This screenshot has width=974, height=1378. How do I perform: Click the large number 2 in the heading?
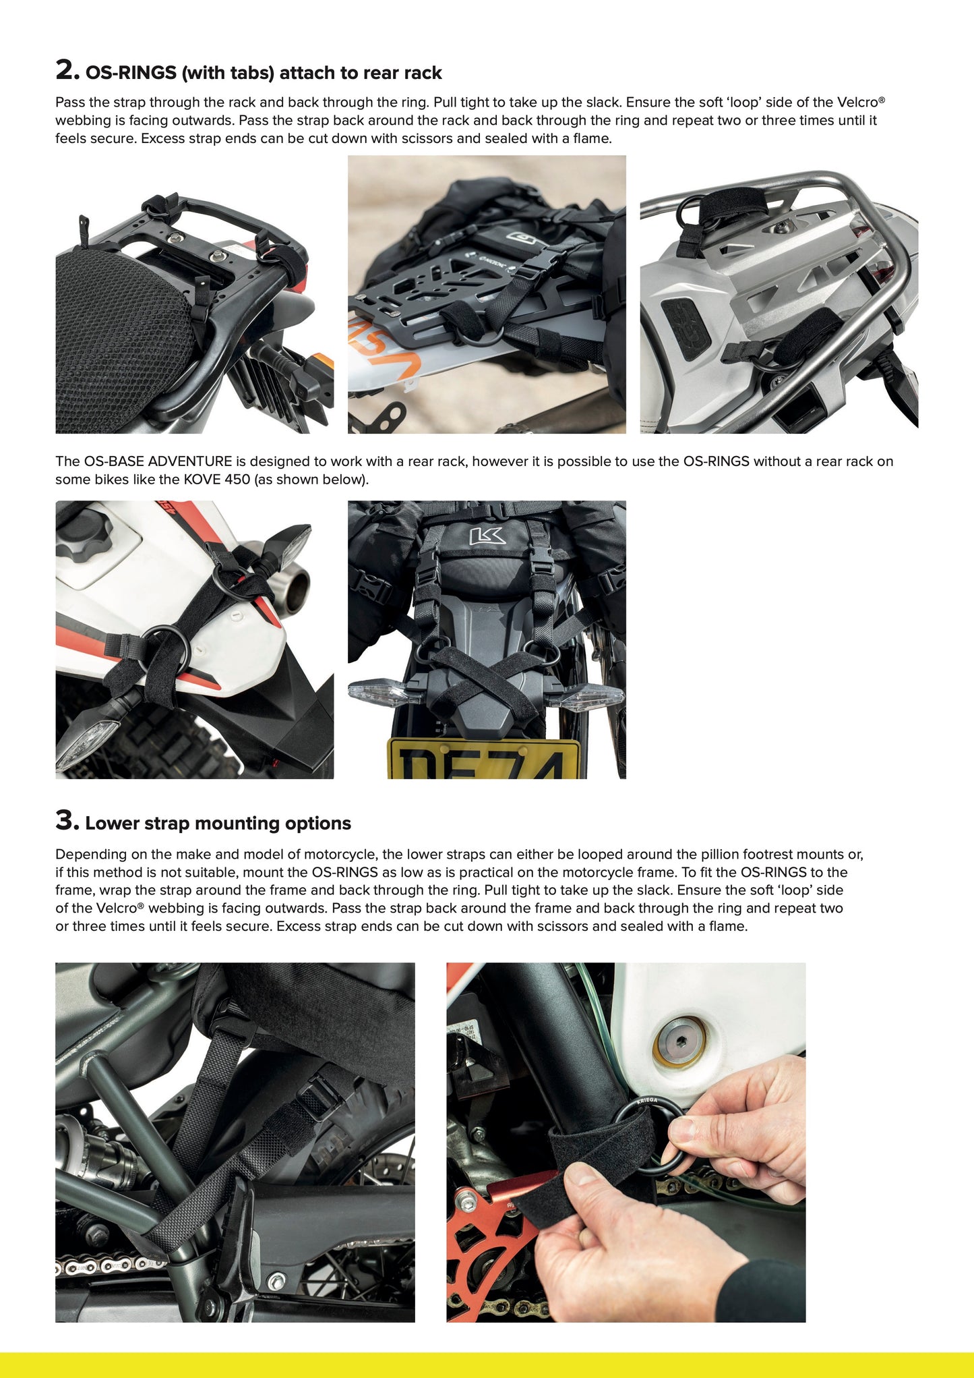66,70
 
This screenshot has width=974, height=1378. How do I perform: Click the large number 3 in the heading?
66,821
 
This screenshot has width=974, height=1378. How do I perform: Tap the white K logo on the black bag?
487,537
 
